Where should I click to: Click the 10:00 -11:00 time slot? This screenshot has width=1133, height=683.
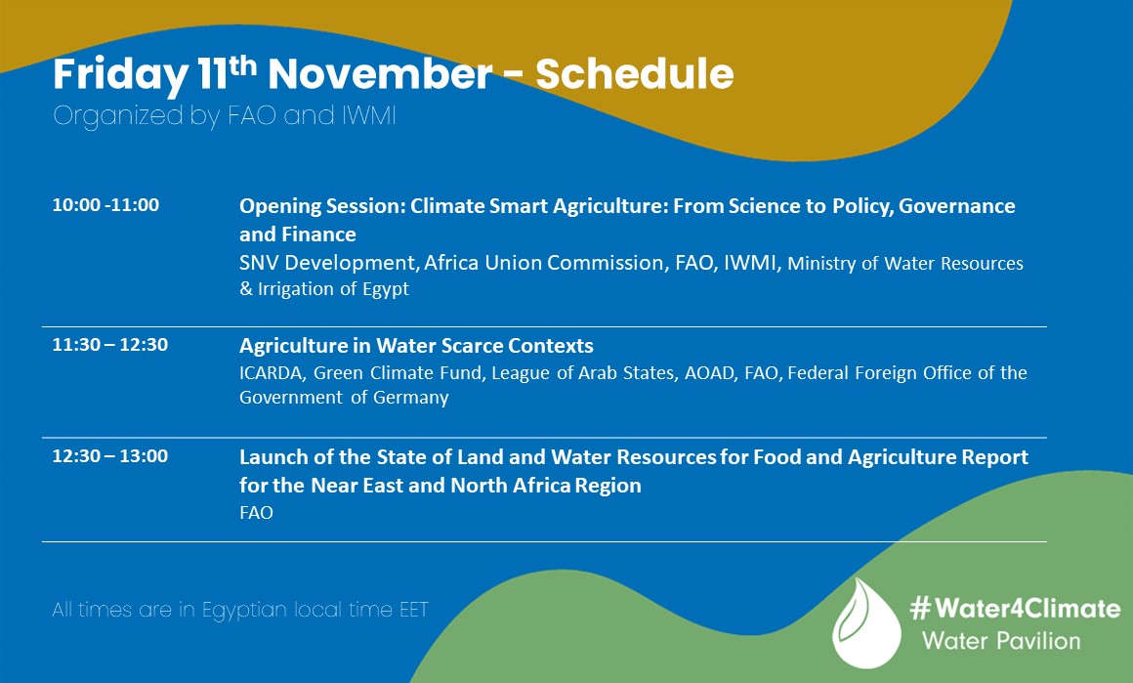click(x=105, y=205)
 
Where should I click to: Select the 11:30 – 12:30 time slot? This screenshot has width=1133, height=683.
click(x=109, y=345)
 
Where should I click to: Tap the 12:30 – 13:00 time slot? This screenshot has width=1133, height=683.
click(x=109, y=455)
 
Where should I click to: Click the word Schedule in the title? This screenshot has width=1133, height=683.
click(x=634, y=74)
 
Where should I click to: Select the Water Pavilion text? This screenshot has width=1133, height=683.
click(x=1002, y=641)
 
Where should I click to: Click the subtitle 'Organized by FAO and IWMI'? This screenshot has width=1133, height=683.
click(x=225, y=116)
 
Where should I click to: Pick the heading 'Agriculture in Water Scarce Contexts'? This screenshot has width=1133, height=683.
click(x=416, y=346)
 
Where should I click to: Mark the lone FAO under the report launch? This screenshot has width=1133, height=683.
click(x=256, y=512)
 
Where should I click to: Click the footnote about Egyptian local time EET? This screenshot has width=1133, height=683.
click(x=240, y=611)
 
